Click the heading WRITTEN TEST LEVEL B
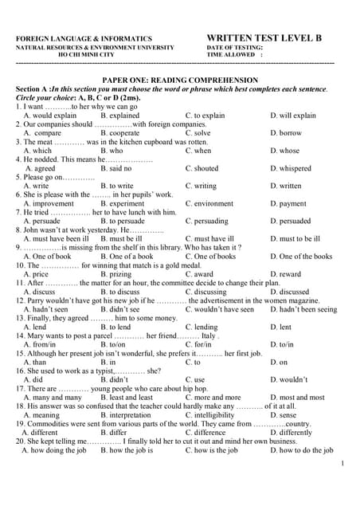264,37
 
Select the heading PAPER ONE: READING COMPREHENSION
180,80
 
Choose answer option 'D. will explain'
293,115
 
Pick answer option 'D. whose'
284,150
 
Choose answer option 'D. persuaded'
290,221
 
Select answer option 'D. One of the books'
301,256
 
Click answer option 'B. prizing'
116,273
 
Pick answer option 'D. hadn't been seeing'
303,309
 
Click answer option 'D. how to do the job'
301,449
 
